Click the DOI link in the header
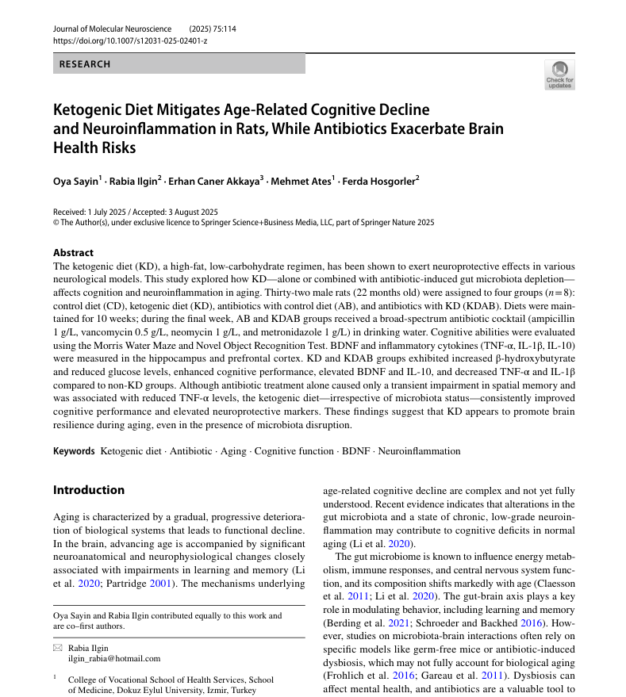[x=129, y=40]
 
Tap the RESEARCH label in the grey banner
[x=85, y=63]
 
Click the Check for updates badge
[x=559, y=75]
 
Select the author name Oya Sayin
[x=75, y=182]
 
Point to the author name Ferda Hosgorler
[x=379, y=182]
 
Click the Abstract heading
[x=73, y=253]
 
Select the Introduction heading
[x=89, y=490]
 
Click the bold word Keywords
[x=74, y=451]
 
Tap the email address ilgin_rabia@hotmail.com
[x=114, y=658]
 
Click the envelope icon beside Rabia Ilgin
[x=57, y=648]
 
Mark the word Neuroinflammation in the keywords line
[x=419, y=451]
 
